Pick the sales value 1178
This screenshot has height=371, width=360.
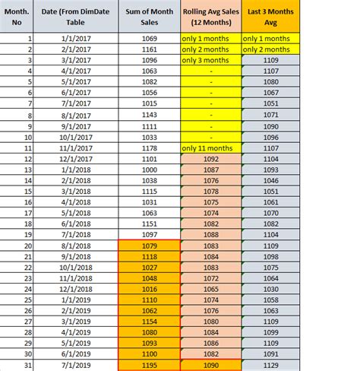tap(148, 148)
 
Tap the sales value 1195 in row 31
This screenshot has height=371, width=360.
tap(148, 366)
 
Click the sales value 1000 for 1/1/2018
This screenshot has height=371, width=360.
tap(148, 170)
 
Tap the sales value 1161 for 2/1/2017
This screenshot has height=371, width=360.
tap(148, 49)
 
